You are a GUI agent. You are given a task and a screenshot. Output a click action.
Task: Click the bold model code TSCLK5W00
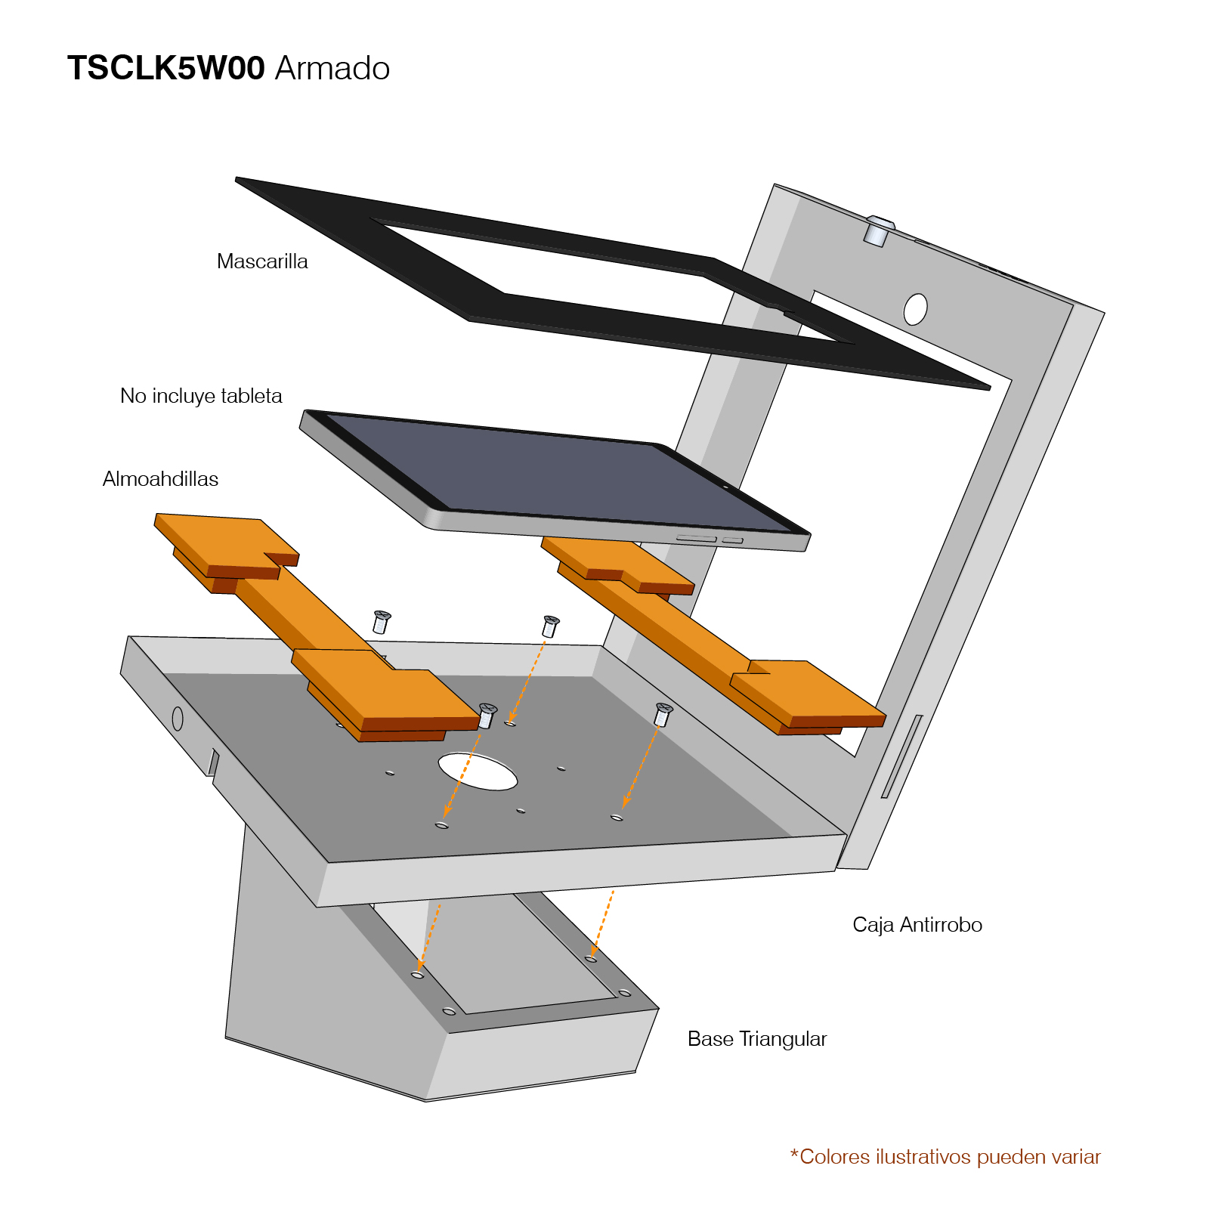tap(165, 68)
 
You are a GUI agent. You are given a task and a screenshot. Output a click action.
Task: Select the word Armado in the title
tap(332, 68)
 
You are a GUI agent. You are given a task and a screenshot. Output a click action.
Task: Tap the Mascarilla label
tap(262, 261)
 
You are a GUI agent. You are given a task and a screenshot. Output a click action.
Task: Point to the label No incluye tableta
tap(201, 396)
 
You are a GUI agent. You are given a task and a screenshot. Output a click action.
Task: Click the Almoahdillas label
tap(160, 479)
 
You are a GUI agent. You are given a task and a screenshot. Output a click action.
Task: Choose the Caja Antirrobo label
tap(917, 925)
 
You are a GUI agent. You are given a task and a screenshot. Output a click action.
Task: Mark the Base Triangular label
tap(756, 1039)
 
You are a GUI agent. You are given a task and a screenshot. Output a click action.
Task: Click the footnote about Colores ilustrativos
tap(945, 1157)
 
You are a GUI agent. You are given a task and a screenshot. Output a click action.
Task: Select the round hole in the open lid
tap(915, 309)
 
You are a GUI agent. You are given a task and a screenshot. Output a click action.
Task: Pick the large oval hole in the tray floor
tap(478, 771)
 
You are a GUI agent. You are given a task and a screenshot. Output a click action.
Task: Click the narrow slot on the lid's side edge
tap(901, 756)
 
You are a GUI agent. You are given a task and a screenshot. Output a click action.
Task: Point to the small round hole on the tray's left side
tap(178, 719)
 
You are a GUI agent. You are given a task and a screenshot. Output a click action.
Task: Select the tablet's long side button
tap(696, 539)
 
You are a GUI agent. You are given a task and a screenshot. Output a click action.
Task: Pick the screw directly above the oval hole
tap(487, 715)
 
